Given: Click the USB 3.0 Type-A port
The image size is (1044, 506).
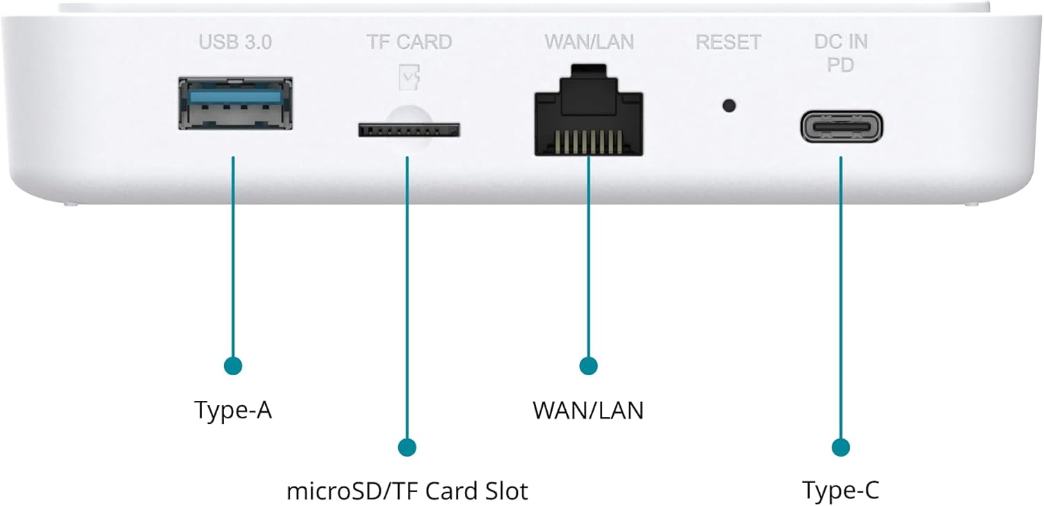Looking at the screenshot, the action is tap(235, 104).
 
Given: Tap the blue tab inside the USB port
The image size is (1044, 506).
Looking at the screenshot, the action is tap(235, 97).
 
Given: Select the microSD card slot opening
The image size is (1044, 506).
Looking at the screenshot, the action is tap(409, 129).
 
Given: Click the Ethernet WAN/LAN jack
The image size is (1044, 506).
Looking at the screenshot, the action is tap(589, 110).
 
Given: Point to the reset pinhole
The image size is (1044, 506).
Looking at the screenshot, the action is tap(729, 106).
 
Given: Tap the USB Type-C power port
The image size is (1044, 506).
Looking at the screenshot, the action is tap(841, 127).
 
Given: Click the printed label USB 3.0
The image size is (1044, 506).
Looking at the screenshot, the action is tap(235, 42).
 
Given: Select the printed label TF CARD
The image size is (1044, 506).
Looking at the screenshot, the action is tap(409, 42).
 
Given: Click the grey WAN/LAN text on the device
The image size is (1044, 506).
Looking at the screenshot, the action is tap(589, 42).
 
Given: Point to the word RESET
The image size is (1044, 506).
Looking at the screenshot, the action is tap(729, 42).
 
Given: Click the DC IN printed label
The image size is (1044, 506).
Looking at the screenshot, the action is tap(841, 42).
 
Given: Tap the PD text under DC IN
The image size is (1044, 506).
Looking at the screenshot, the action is tap(840, 65).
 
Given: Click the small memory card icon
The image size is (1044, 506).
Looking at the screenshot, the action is tap(409, 77).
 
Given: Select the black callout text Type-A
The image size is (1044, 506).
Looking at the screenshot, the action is tap(233, 411).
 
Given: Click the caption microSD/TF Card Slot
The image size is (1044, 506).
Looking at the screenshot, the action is tap(407, 491).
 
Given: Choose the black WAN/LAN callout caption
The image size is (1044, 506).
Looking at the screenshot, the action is tap(588, 411).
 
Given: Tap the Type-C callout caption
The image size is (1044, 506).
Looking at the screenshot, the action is tap(841, 491).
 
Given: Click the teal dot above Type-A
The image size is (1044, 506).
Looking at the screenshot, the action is tap(233, 366).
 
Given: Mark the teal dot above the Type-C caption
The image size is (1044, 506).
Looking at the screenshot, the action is tap(841, 448).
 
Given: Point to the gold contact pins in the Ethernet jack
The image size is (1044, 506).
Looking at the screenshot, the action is tap(589, 142).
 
